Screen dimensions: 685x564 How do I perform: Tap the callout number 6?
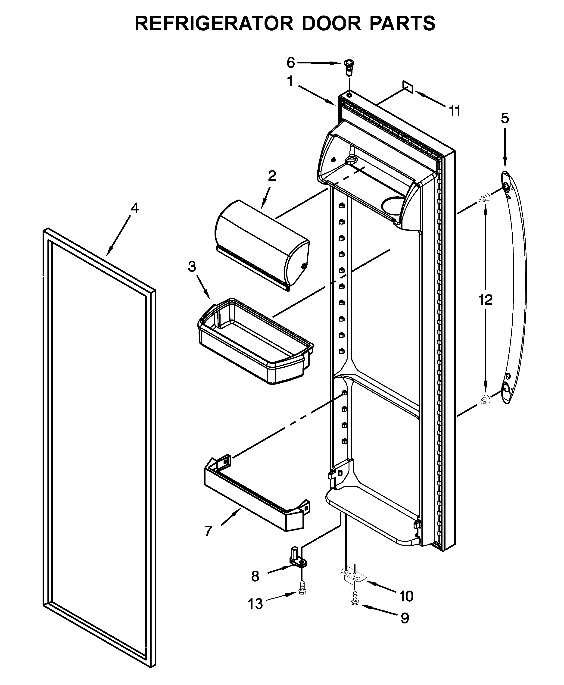click(x=290, y=63)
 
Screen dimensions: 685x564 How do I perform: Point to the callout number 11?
click(x=455, y=111)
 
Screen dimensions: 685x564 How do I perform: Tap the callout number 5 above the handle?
click(x=505, y=119)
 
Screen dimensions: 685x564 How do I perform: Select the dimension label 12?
click(x=485, y=300)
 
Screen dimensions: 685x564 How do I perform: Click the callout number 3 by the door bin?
click(x=192, y=266)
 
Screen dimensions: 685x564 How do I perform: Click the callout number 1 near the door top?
click(x=290, y=81)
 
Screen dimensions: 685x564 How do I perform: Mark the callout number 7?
click(x=208, y=532)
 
